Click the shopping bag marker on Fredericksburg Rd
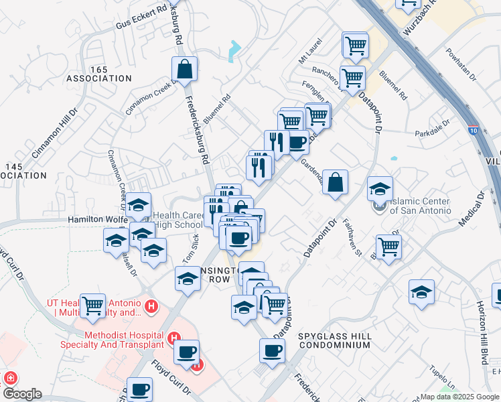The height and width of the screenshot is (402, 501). tap(184, 68)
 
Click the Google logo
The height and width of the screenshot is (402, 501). tap(21, 395)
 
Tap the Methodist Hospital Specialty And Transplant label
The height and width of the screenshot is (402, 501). tap(124, 340)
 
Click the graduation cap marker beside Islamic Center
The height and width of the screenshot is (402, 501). tap(380, 189)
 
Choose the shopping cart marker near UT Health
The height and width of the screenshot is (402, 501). tap(92, 306)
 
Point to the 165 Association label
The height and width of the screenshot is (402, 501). tap(98, 73)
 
